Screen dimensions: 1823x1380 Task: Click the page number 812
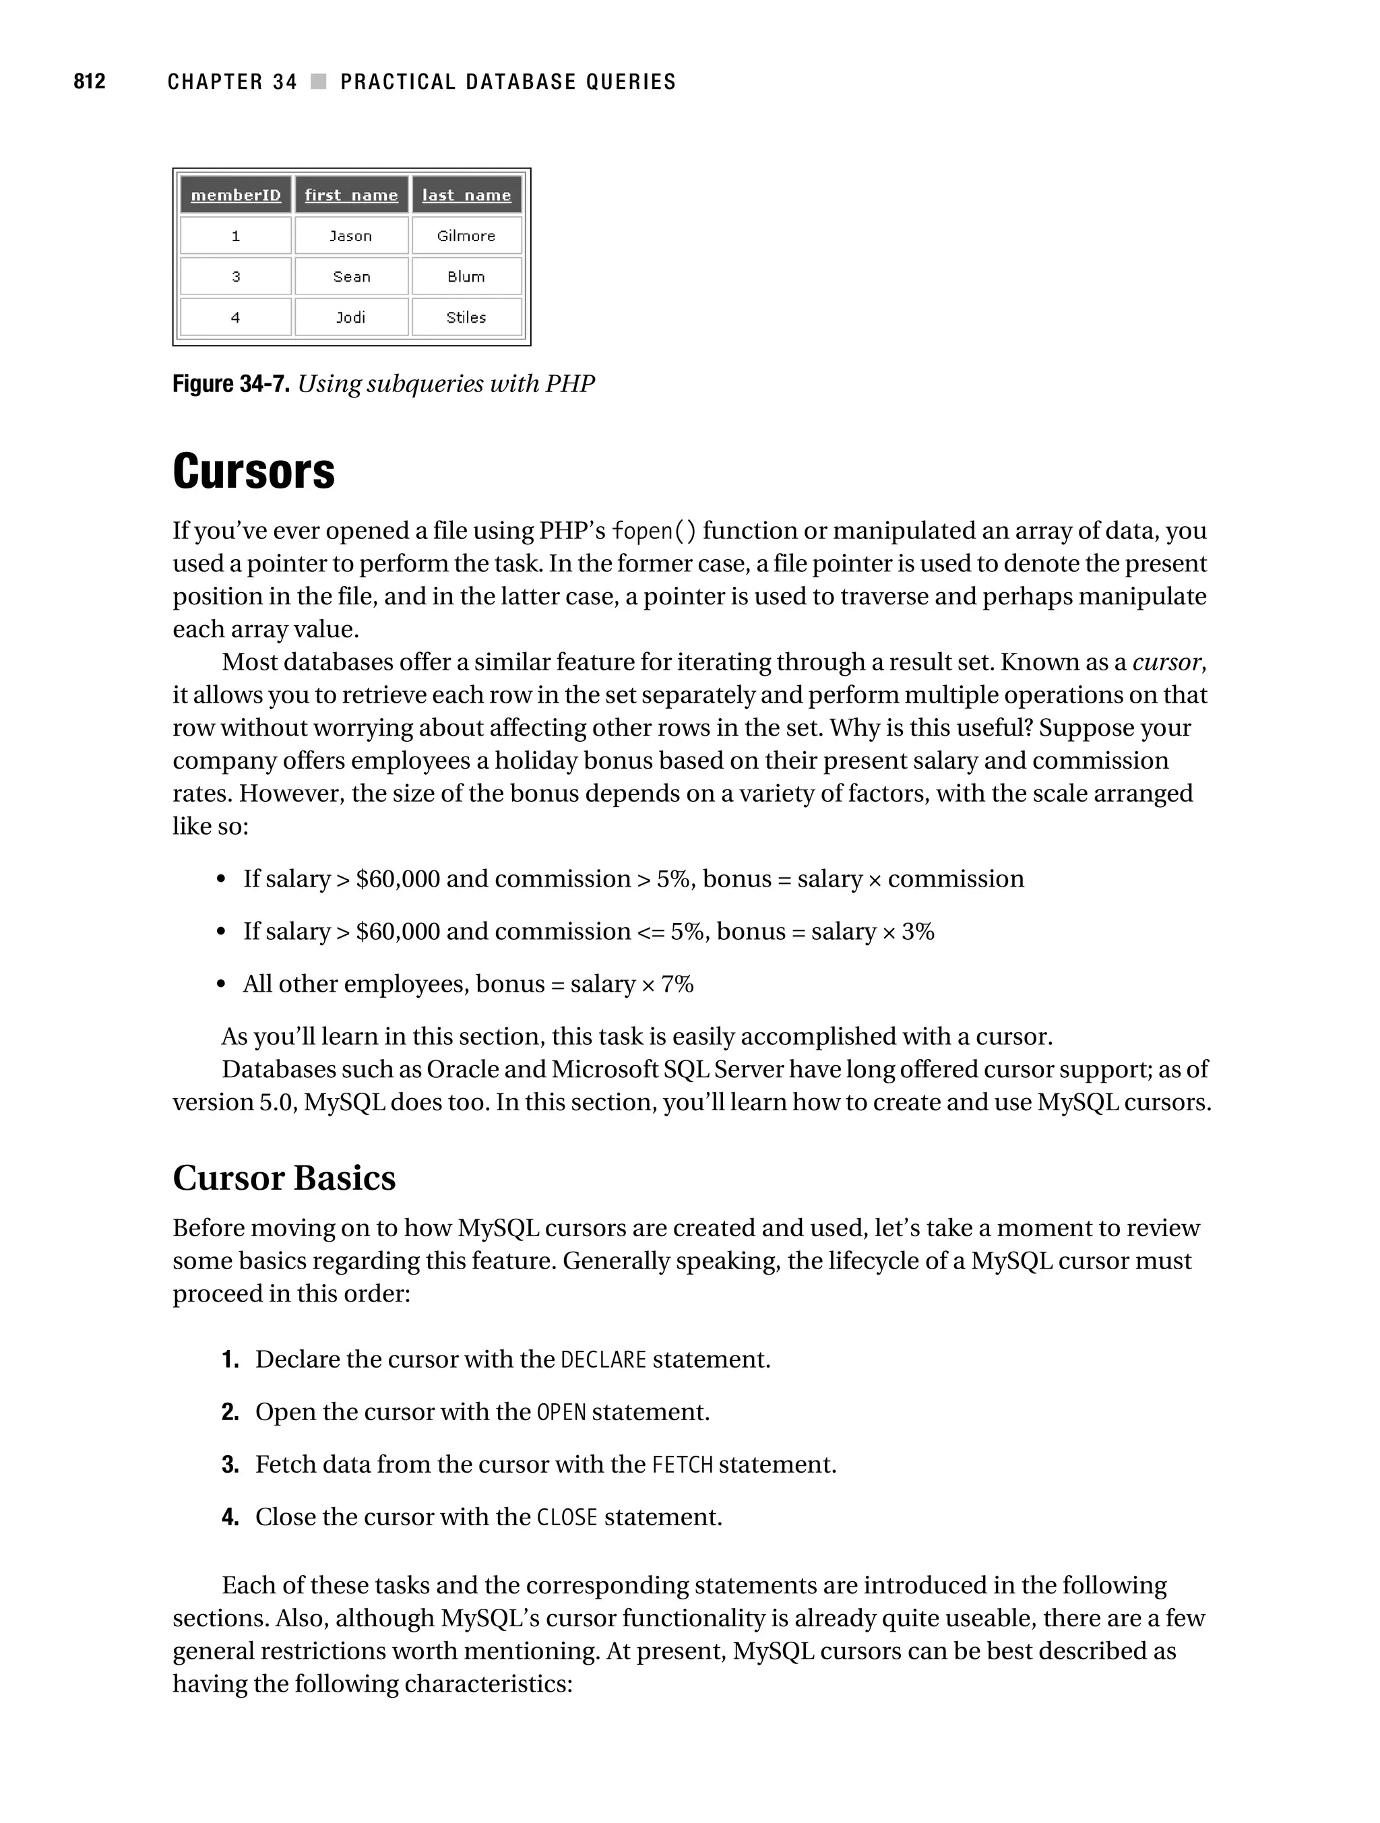click(x=89, y=82)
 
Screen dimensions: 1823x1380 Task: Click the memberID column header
click(x=236, y=195)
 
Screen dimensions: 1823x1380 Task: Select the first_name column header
click(x=351, y=195)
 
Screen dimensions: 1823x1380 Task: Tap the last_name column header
click(x=466, y=195)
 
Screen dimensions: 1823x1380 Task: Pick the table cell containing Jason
click(x=351, y=236)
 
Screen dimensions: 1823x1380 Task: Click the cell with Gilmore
click(x=466, y=236)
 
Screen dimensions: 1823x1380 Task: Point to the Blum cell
click(x=466, y=277)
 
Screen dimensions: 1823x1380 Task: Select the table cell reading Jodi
click(x=351, y=317)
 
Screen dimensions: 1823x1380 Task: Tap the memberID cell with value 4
click(x=236, y=317)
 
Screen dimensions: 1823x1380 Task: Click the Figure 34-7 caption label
click(x=230, y=384)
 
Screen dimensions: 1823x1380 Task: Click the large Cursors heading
click(x=253, y=472)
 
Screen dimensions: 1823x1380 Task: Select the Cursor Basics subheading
click(x=284, y=1178)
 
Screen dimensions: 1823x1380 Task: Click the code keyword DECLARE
click(x=602, y=1360)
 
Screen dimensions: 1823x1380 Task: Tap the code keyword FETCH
click(x=682, y=1465)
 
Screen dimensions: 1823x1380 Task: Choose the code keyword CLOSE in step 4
click(x=566, y=1518)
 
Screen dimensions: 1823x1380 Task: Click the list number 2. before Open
click(x=230, y=1413)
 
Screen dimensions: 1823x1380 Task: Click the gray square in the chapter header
click(x=319, y=82)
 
